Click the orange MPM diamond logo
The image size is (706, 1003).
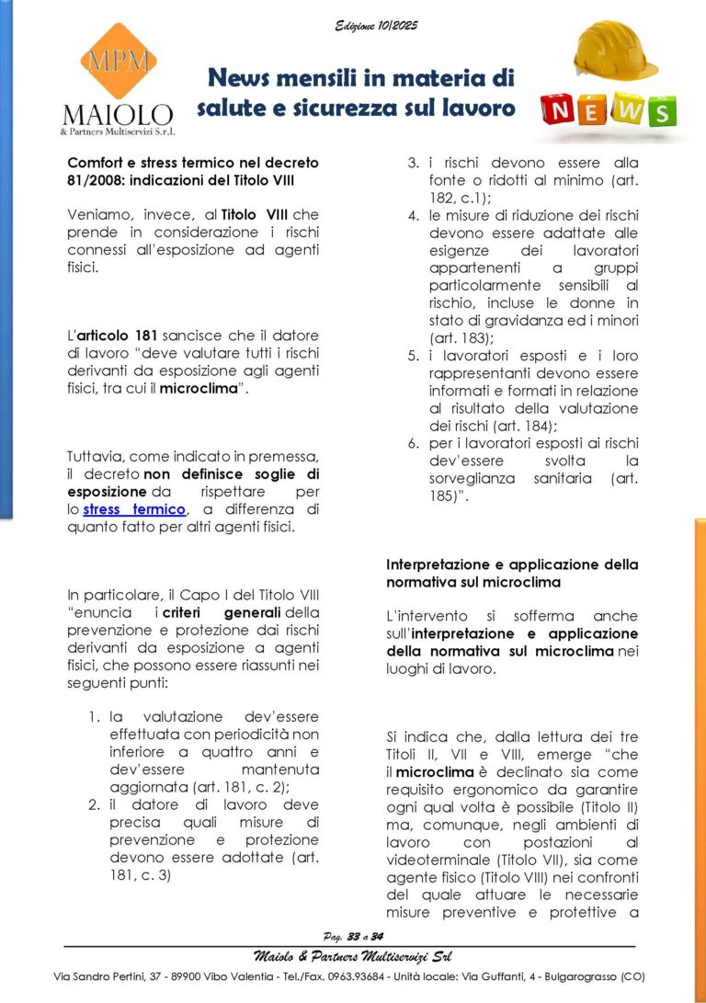click(118, 62)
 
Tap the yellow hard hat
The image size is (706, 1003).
click(615, 51)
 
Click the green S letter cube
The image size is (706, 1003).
click(661, 112)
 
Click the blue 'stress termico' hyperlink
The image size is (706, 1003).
click(135, 509)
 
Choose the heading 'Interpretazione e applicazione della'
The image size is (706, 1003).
click(512, 564)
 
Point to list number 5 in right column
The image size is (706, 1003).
click(415, 355)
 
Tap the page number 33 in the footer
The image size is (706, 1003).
click(354, 936)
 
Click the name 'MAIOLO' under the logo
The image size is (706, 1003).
click(118, 116)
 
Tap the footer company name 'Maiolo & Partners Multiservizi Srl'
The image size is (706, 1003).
click(353, 956)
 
